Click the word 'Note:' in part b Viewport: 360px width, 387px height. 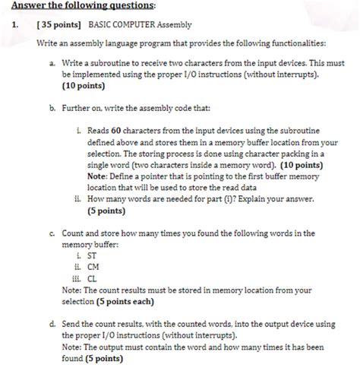(99, 175)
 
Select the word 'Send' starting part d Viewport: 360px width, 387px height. (73, 324)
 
